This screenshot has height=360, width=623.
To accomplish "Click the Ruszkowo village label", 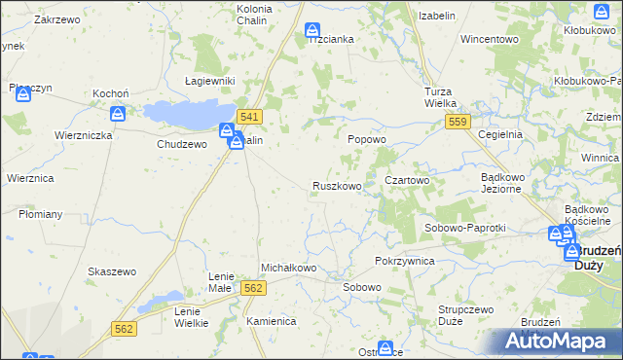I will (337, 186).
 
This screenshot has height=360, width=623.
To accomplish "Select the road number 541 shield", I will (249, 117).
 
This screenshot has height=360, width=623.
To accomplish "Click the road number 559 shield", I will (458, 122).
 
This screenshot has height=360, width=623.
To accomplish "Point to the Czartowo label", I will (407, 181).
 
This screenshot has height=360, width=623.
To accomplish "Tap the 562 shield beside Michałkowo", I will (253, 288).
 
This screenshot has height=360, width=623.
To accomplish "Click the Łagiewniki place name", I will (210, 81).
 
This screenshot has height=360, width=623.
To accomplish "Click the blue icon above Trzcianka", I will (311, 31).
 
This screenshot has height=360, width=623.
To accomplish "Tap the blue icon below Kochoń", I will (118, 115).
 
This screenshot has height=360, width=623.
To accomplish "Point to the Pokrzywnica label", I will (404, 262).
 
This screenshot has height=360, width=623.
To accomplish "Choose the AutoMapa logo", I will (554, 342).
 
